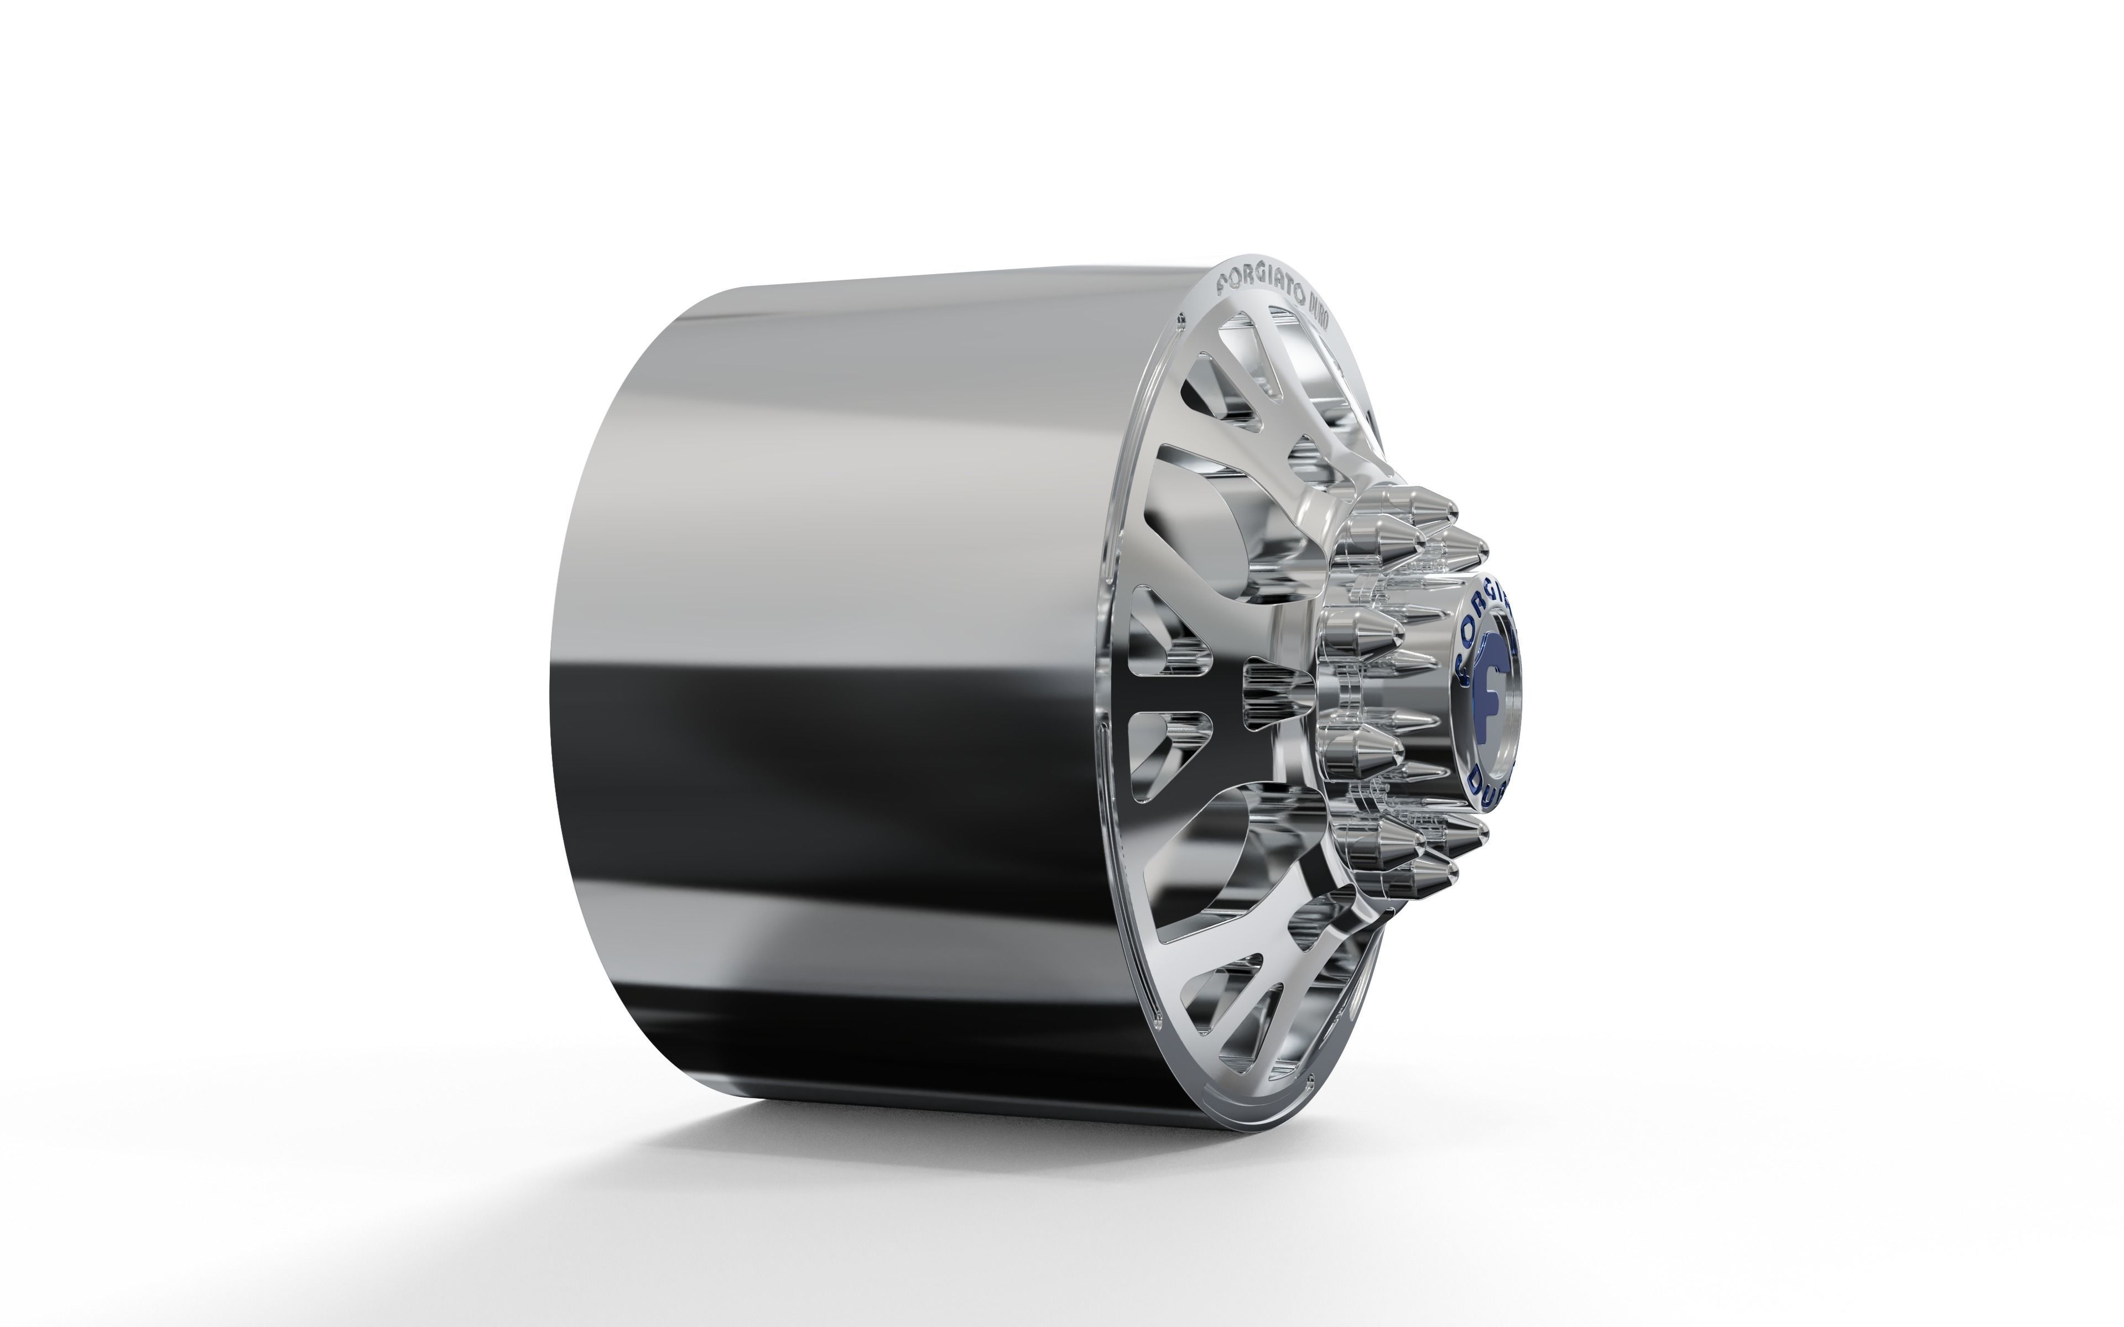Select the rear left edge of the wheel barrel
(x=549, y=702)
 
